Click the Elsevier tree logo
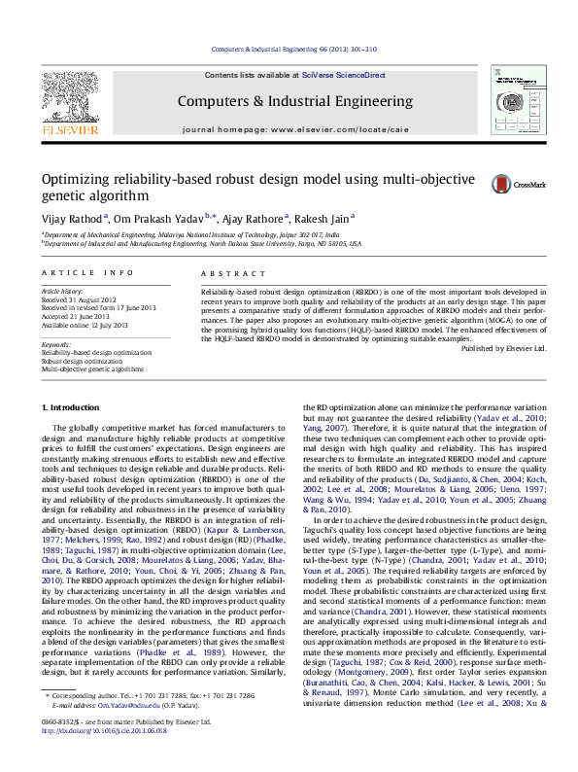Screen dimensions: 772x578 pyautogui.click(x=69, y=101)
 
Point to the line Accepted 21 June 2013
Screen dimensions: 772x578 pyautogui.click(x=80, y=315)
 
